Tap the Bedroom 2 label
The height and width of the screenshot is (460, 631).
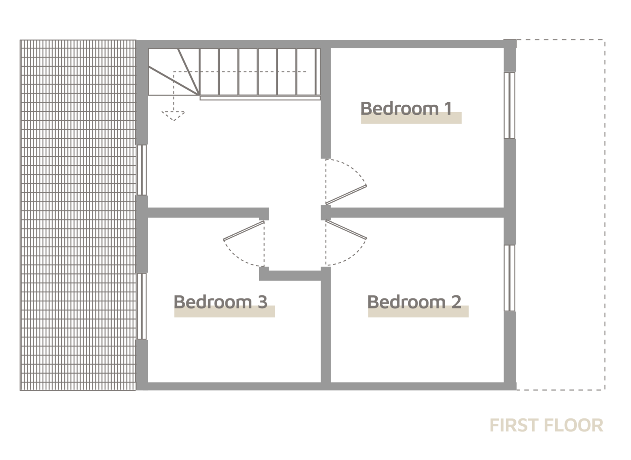(414, 301)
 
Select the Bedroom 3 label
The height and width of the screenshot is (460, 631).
(220, 301)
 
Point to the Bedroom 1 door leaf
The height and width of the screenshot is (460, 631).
(346, 194)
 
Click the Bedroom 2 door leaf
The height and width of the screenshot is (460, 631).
(346, 230)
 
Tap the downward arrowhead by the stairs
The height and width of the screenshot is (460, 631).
(173, 116)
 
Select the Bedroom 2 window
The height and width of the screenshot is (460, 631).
(510, 278)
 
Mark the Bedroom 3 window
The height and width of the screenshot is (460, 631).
(143, 306)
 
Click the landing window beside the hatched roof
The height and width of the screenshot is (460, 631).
(143, 170)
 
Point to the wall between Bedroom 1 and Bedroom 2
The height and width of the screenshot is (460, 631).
(416, 212)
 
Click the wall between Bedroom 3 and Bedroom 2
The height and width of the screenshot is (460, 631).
(325, 329)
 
